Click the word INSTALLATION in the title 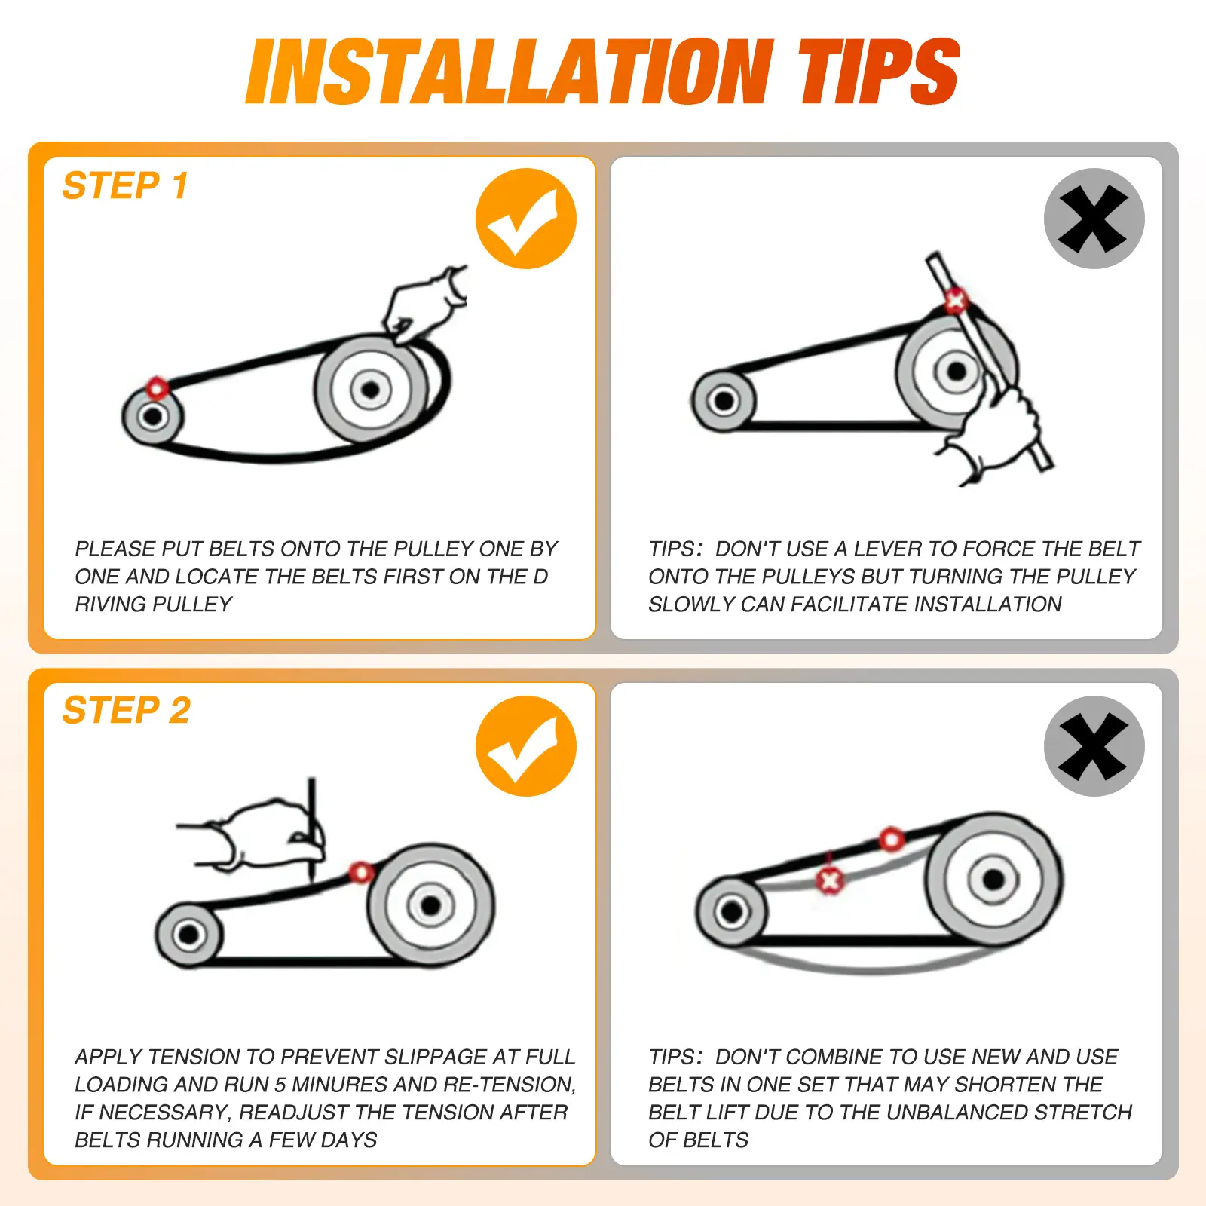click(x=510, y=72)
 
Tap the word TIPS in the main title click(x=878, y=72)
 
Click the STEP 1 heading click(x=125, y=185)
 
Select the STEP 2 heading click(x=127, y=710)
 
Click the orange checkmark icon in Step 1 click(x=526, y=219)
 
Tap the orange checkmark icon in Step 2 click(x=526, y=745)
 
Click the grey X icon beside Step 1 click(x=1094, y=219)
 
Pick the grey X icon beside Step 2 click(x=1094, y=745)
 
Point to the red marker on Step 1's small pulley click(x=157, y=388)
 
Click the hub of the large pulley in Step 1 click(x=370, y=390)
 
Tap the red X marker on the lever click(x=956, y=301)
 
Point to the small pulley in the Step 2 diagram click(x=188, y=935)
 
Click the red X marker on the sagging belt click(x=830, y=880)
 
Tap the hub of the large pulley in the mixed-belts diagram click(x=993, y=879)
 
